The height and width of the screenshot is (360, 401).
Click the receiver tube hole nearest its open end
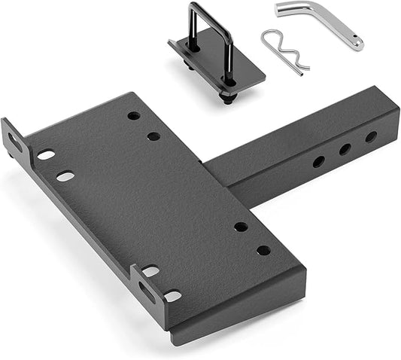pos(371,137)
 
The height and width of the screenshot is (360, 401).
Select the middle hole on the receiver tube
pos(345,149)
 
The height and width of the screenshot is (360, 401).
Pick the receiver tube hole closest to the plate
pos(319,161)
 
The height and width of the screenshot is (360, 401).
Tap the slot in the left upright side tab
pos(16,140)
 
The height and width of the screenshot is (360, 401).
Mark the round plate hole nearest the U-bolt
pos(133,116)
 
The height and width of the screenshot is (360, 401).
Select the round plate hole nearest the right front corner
pos(263,250)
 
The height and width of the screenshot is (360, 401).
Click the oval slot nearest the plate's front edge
pos(172,296)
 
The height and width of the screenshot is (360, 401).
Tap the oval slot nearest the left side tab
pos(46,154)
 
